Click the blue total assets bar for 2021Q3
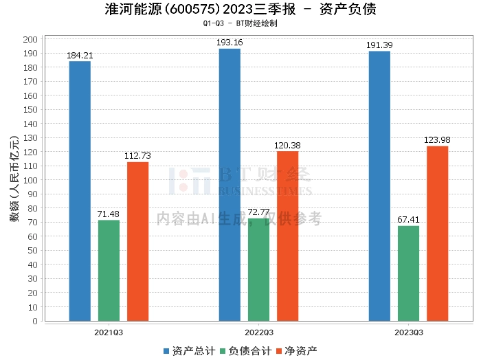[80, 191]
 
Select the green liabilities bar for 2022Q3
[258, 270]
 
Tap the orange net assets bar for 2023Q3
[438, 234]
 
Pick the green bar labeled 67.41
[408, 273]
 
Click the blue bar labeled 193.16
[230, 185]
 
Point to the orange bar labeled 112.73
[137, 242]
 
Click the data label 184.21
[80, 56]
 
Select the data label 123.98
[437, 140]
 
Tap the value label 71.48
[109, 214]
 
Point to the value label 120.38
[287, 146]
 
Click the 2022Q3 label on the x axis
[259, 333]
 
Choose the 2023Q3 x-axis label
[409, 333]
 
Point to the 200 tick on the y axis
[30, 39]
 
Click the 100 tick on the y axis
[30, 180]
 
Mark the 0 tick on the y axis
[35, 321]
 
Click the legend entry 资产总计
[190, 351]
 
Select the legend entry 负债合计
[246, 351]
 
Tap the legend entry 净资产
[297, 351]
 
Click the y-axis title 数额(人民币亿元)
[14, 179]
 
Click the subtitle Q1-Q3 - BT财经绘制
[240, 23]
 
